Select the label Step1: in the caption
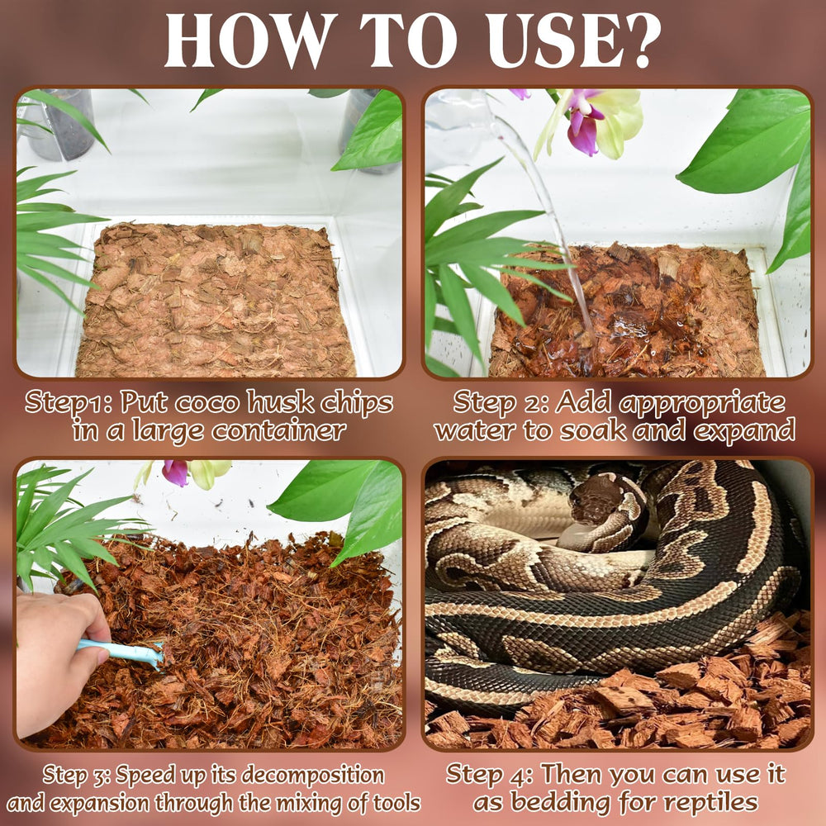click(69, 403)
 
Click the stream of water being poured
click(549, 215)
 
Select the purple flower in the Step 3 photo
click(175, 472)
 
